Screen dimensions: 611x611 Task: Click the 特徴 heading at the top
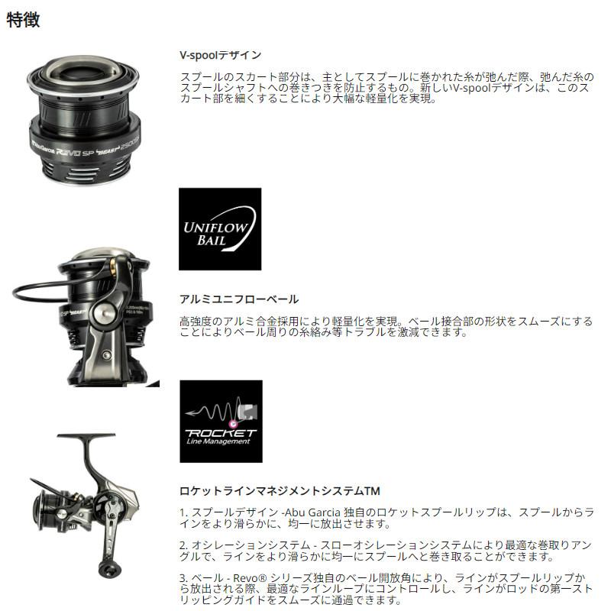coord(23,20)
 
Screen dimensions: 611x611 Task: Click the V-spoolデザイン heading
coord(219,55)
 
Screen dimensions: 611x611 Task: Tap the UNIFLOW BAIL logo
coord(219,229)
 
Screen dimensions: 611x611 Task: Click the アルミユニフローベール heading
coord(238,299)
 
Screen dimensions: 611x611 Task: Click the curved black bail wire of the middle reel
coord(31,294)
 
